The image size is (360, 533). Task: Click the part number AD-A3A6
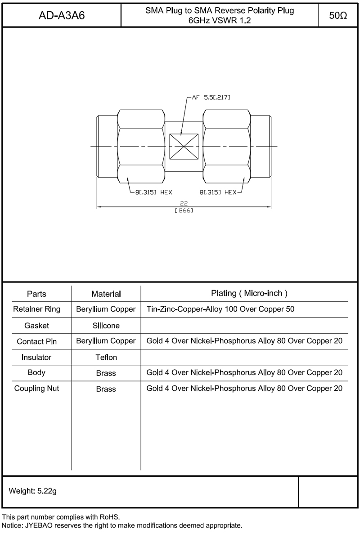coord(62,16)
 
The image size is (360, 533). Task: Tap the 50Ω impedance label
coord(338,16)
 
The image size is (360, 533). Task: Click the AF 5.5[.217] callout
coord(211,97)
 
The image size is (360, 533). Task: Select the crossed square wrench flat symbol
coord(184,147)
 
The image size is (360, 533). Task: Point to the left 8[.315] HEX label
coord(153,192)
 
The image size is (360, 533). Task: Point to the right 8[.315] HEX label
coord(218,192)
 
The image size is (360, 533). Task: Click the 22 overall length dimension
coord(184,203)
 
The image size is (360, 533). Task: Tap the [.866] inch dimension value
coord(184,210)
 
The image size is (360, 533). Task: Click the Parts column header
coord(36,294)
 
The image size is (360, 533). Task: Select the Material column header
coord(106,294)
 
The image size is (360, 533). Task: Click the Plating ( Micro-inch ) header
coord(249,293)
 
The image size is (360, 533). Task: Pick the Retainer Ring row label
coord(36,309)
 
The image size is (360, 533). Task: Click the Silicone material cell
coord(106,326)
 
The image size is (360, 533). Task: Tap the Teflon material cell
coord(106,358)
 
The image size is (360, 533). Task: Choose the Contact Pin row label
coord(36,341)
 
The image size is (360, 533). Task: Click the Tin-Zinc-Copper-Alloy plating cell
coord(220,309)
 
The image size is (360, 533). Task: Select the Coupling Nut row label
coord(36,389)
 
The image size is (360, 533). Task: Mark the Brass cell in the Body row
coord(106,373)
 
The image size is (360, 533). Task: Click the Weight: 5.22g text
coord(33,492)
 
